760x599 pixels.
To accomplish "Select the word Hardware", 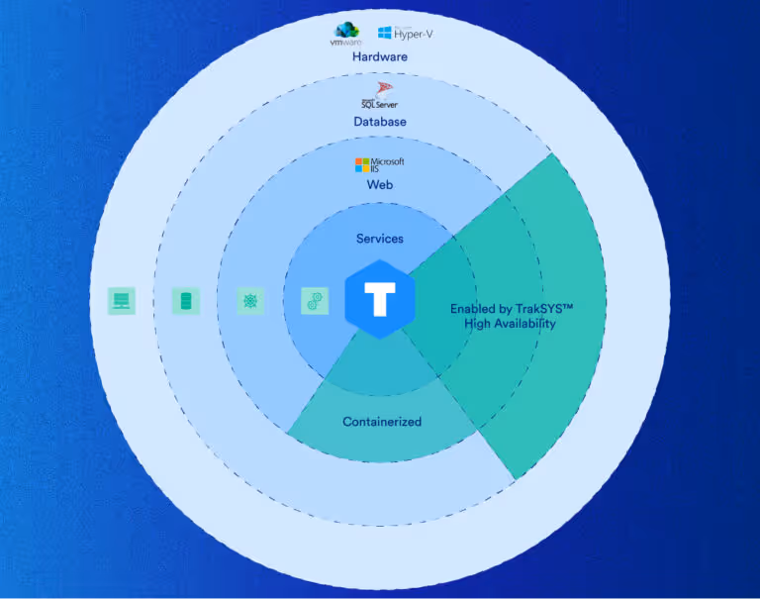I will pyautogui.click(x=379, y=56).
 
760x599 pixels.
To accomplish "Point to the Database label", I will pyautogui.click(x=380, y=122).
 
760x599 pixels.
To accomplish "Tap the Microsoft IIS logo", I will pyautogui.click(x=380, y=163).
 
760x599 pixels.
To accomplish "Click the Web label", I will pyautogui.click(x=380, y=185).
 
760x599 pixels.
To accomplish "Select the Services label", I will pyautogui.click(x=380, y=239).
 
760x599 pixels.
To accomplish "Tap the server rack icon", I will pyautogui.click(x=122, y=301).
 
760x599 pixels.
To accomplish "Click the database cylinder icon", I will pyautogui.click(x=185, y=301).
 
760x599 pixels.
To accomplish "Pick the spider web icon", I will pyautogui.click(x=251, y=301).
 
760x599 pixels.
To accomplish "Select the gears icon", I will pyautogui.click(x=315, y=301).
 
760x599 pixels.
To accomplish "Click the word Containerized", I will pyautogui.click(x=382, y=422).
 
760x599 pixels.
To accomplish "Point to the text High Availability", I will pyautogui.click(x=510, y=324).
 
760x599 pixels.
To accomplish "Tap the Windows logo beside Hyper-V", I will pyautogui.click(x=385, y=34).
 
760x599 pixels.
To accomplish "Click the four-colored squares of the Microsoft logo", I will pyautogui.click(x=362, y=163).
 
